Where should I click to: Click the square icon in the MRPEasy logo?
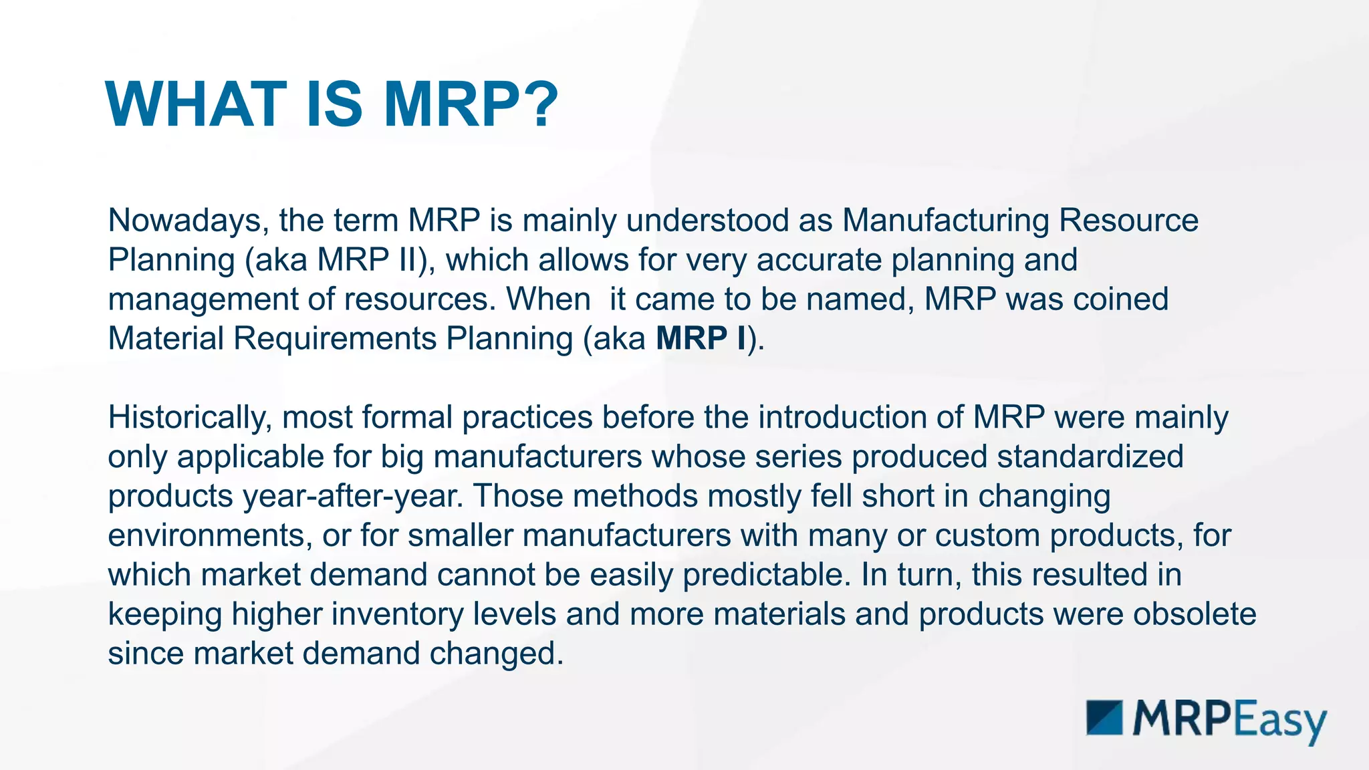pyautogui.click(x=1104, y=718)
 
